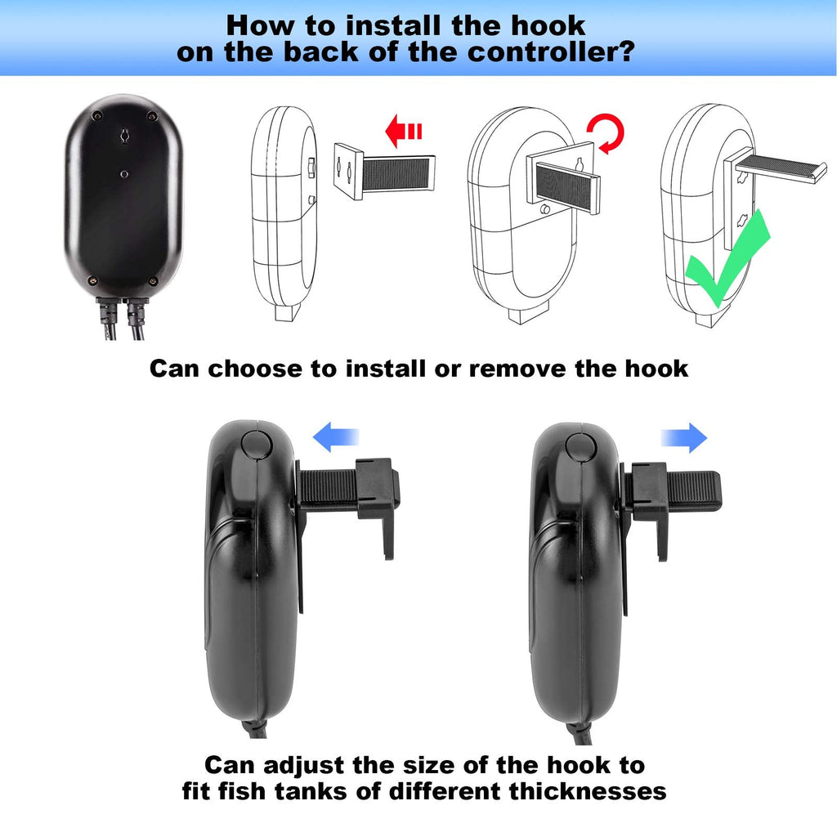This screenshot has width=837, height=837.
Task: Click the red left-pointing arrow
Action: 403,131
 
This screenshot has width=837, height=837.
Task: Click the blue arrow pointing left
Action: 335,437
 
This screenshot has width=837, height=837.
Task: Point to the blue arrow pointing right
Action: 684,438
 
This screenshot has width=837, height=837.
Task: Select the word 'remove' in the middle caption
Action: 517,369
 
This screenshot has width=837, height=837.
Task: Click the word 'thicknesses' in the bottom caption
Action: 588,791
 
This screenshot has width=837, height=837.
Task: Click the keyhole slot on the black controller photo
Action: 125,136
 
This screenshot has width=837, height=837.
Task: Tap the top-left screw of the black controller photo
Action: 96,115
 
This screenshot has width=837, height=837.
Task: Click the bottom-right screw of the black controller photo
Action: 153,281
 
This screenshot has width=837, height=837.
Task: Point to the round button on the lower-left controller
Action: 257,444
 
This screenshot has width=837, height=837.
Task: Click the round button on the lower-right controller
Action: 581,447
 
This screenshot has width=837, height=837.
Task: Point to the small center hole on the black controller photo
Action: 124,174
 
